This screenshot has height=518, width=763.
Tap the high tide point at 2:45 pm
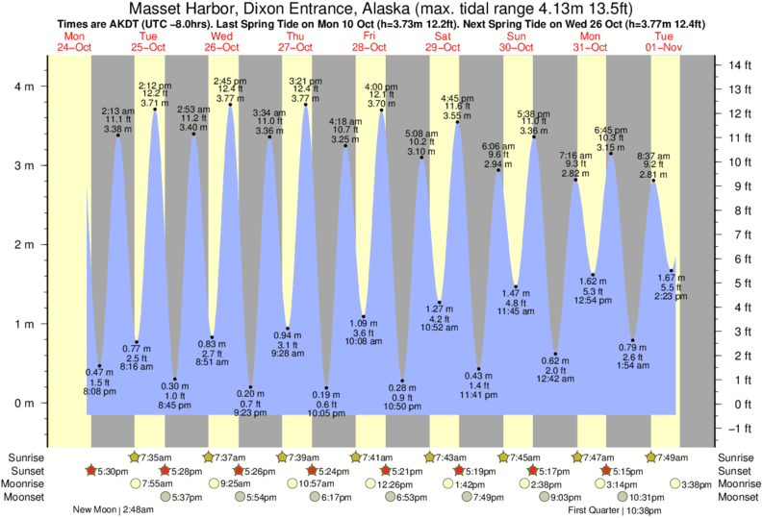[230, 105]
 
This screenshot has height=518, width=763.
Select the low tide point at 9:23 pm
[250, 387]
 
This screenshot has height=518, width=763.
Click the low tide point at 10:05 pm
[326, 388]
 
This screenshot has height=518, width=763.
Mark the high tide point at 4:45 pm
[457, 122]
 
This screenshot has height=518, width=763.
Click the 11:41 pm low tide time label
[477, 393]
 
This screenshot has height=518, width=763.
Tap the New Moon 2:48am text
[113, 510]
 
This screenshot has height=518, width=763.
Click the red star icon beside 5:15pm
[606, 471]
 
